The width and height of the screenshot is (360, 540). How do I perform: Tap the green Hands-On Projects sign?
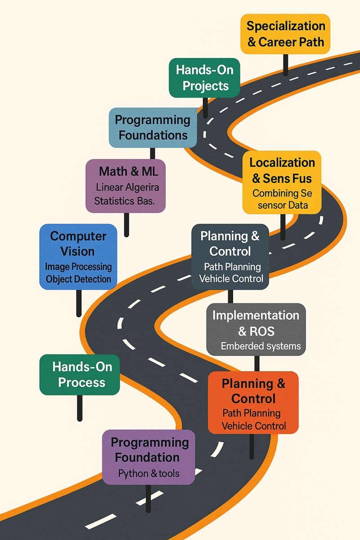pos(204,78)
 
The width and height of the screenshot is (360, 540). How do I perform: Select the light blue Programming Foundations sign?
pos(153,127)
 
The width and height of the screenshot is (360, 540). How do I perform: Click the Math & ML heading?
pos(126,171)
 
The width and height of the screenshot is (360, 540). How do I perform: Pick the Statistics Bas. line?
pos(124,201)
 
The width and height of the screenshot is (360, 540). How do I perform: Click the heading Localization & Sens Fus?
pos(282,170)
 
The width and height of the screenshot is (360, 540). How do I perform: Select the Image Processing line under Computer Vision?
pos(78,266)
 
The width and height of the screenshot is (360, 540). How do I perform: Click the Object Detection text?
pos(78,279)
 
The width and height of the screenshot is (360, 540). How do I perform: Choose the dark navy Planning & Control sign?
pos(230,256)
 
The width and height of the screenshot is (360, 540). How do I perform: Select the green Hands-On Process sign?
pos(79,375)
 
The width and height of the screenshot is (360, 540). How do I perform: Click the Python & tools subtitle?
pos(148,473)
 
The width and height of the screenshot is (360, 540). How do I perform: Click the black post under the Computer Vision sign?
pos(79,303)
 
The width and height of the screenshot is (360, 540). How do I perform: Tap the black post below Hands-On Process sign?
pos(80,408)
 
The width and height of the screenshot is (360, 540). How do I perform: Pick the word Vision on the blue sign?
pos(78,251)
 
